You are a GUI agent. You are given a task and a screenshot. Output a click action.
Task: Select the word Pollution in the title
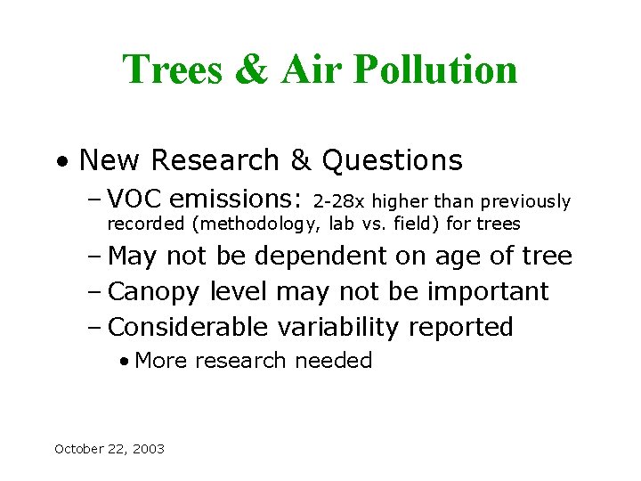[435, 69]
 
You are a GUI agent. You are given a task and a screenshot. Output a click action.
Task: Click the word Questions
[393, 160]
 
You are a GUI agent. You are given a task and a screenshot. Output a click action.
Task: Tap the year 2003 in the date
[149, 449]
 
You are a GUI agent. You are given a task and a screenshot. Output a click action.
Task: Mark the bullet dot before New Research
[61, 162]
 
